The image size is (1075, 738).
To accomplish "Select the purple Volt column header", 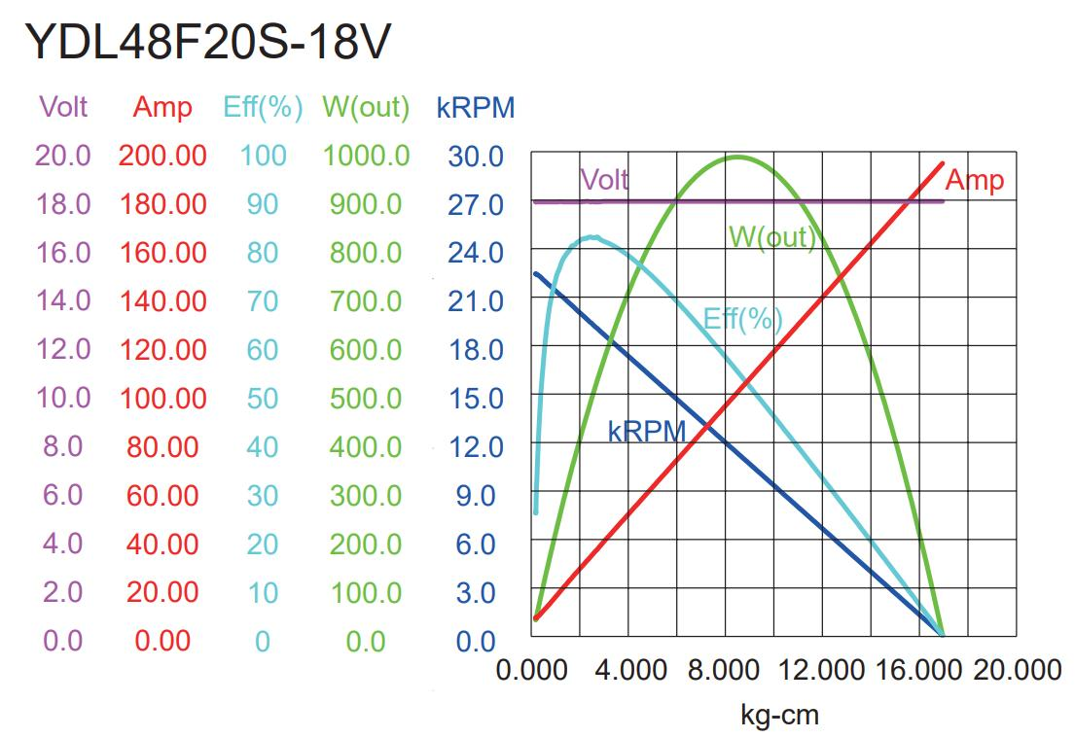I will [x=63, y=107].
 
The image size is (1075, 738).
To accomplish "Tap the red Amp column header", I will [x=162, y=107].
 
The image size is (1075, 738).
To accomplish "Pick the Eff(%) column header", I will [x=263, y=107].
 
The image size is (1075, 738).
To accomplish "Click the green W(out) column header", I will [x=366, y=107].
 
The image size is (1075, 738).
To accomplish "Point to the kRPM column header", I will [x=476, y=107].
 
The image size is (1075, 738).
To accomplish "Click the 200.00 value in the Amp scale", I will [x=162, y=156].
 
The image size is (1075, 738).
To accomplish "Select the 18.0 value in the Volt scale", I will [x=63, y=204].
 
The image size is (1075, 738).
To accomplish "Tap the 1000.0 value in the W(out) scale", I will [x=366, y=156].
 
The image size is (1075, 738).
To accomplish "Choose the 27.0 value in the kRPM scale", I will [x=476, y=204].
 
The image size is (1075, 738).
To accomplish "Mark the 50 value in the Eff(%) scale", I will [x=263, y=399].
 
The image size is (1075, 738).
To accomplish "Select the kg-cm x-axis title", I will [x=779, y=716].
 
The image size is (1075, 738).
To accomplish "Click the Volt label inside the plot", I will [x=604, y=180].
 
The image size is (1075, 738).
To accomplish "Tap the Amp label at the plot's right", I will [x=974, y=180].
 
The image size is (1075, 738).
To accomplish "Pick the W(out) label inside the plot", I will [x=771, y=236].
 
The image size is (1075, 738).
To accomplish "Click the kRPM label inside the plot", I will [x=647, y=432].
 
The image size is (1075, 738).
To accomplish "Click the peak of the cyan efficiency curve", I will [x=591, y=236].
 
